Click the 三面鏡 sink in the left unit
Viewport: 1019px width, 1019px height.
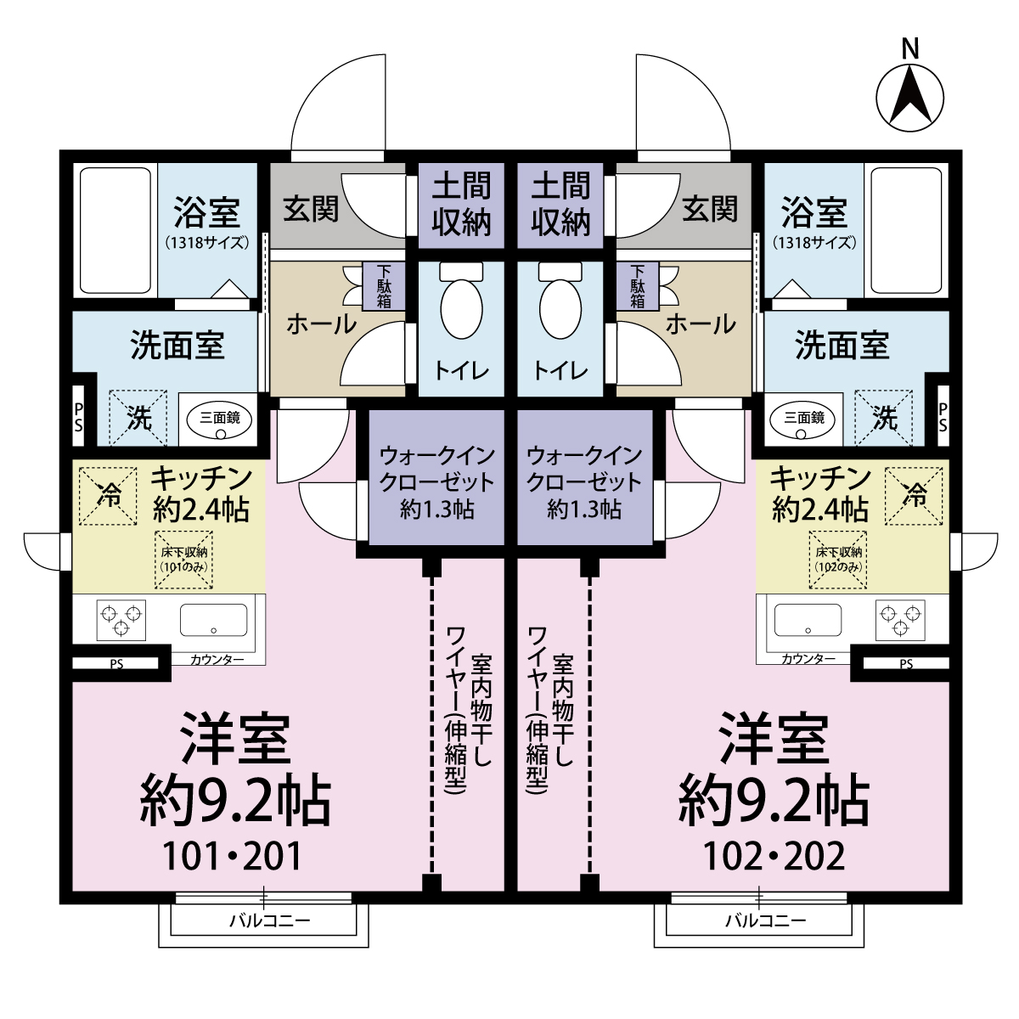[220, 419]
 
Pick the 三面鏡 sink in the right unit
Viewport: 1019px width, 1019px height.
[803, 419]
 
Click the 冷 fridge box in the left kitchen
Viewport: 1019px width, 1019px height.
[109, 494]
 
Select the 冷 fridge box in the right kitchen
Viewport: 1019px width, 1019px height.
[914, 494]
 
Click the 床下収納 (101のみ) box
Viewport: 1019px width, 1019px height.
[184, 559]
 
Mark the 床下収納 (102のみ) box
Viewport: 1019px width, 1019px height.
[837, 559]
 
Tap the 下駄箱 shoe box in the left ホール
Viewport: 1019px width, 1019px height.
[384, 286]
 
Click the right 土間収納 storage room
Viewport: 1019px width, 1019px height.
[560, 205]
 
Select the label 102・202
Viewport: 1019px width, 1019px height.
[774, 856]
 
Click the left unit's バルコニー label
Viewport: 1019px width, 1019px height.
[269, 920]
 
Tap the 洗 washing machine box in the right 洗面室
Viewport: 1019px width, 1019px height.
[884, 417]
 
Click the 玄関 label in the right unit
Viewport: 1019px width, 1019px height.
[710, 209]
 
